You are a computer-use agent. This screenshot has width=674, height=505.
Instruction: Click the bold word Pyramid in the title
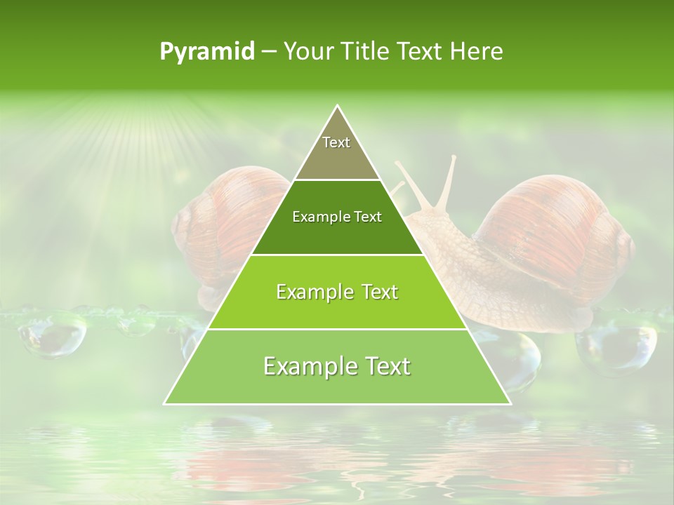[x=207, y=52]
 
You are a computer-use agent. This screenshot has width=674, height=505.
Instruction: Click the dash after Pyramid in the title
[x=268, y=52]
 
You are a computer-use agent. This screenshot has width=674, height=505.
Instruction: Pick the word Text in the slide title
[x=421, y=52]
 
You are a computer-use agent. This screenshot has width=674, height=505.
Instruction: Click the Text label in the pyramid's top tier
[x=336, y=142]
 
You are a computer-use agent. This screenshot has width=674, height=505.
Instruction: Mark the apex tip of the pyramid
[x=338, y=107]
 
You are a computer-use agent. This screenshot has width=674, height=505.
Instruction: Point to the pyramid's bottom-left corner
[x=165, y=403]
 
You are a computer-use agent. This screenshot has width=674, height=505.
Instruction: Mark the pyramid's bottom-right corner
[x=510, y=403]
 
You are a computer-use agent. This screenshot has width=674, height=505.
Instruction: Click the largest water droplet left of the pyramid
[x=53, y=333]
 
